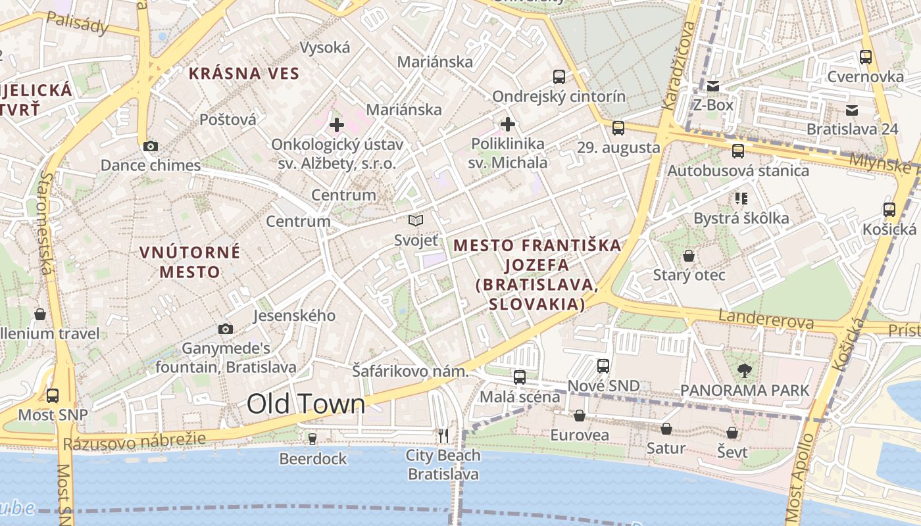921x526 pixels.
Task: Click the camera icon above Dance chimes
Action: click(150, 146)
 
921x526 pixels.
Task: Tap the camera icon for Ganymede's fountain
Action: click(225, 329)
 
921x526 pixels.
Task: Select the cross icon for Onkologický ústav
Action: click(337, 124)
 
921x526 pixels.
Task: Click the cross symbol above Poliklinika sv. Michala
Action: click(507, 124)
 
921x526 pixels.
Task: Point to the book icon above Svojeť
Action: click(416, 220)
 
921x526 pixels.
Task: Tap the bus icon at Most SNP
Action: click(53, 395)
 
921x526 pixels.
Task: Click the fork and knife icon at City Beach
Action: click(443, 435)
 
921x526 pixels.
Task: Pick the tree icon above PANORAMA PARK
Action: click(745, 370)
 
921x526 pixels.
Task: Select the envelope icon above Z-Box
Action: click(713, 85)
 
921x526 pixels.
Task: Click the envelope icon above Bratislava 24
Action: click(852, 110)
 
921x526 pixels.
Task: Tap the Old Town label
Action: click(306, 404)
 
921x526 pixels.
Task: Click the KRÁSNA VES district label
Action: click(244, 73)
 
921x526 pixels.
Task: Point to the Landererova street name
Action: click(766, 320)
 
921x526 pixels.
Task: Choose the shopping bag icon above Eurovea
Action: click(580, 416)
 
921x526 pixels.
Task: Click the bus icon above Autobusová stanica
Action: click(738, 151)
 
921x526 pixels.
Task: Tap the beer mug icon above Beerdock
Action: click(312, 439)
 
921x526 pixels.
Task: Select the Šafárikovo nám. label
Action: click(410, 371)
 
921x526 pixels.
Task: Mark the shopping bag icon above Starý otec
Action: click(689, 255)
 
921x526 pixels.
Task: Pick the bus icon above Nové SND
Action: click(603, 366)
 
